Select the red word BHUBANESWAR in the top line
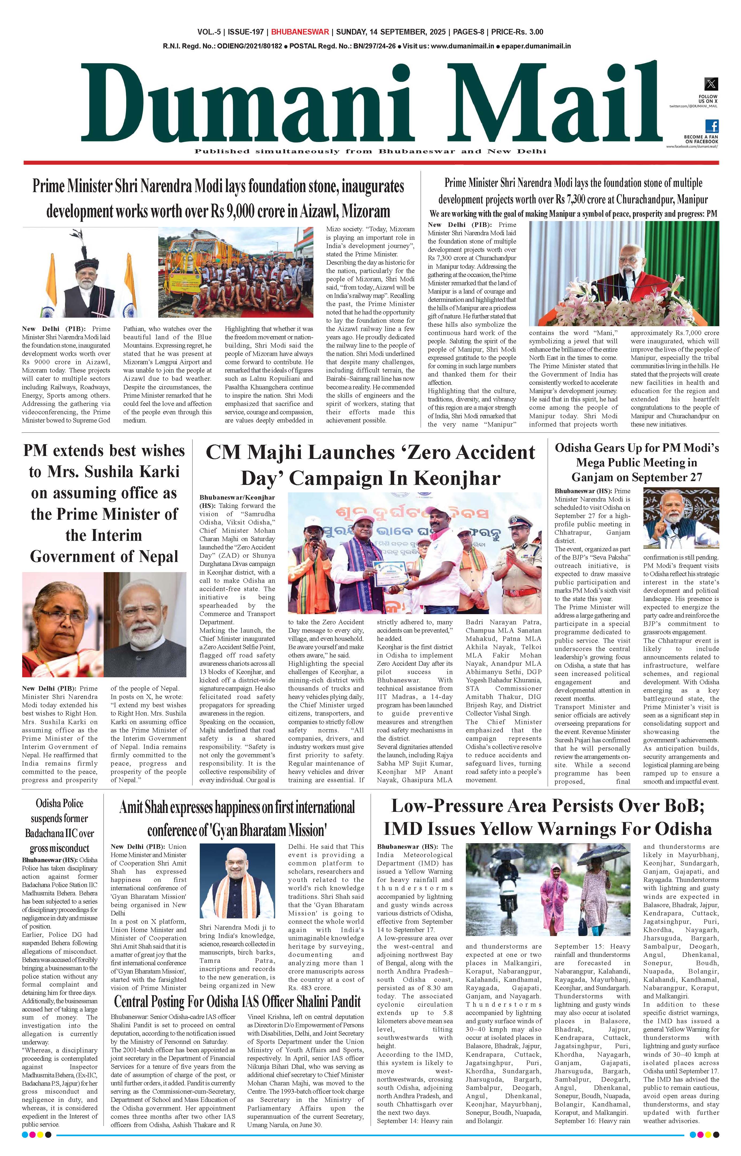pyautogui.click(x=300, y=32)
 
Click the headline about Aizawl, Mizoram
pyautogui.click(x=218, y=198)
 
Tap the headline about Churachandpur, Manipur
pyautogui.click(x=573, y=191)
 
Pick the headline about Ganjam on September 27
pyautogui.click(x=637, y=463)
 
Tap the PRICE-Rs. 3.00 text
pyautogui.click(x=516, y=32)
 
